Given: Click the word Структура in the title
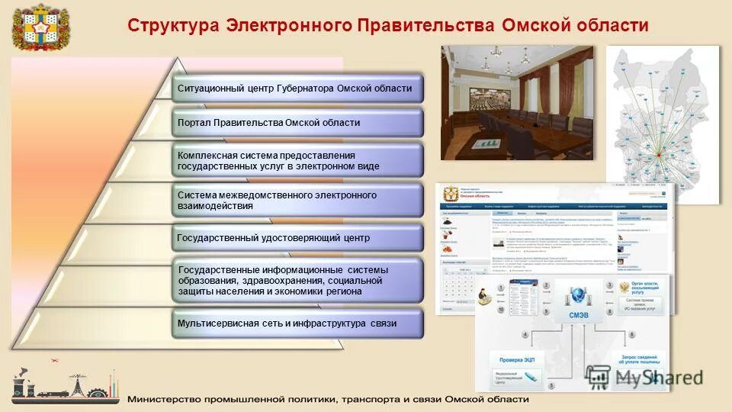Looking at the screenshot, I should pyautogui.click(x=172, y=25).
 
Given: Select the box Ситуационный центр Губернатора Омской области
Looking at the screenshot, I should pyautogui.click(x=296, y=89).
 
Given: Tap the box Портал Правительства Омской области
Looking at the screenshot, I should pyautogui.click(x=296, y=122).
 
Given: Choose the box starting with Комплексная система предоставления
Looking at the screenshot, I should pyautogui.click(x=296, y=159).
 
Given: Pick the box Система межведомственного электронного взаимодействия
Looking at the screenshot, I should pyautogui.click(x=296, y=200).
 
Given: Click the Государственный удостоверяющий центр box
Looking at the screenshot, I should pyautogui.click(x=296, y=238).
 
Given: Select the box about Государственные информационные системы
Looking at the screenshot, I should pyautogui.click(x=296, y=281).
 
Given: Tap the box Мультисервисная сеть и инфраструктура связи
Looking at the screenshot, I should pyautogui.click(x=296, y=323).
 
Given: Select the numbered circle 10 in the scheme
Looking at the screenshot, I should pyautogui.click(x=500, y=311).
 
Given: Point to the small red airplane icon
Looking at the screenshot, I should pyautogui.click(x=54, y=359).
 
